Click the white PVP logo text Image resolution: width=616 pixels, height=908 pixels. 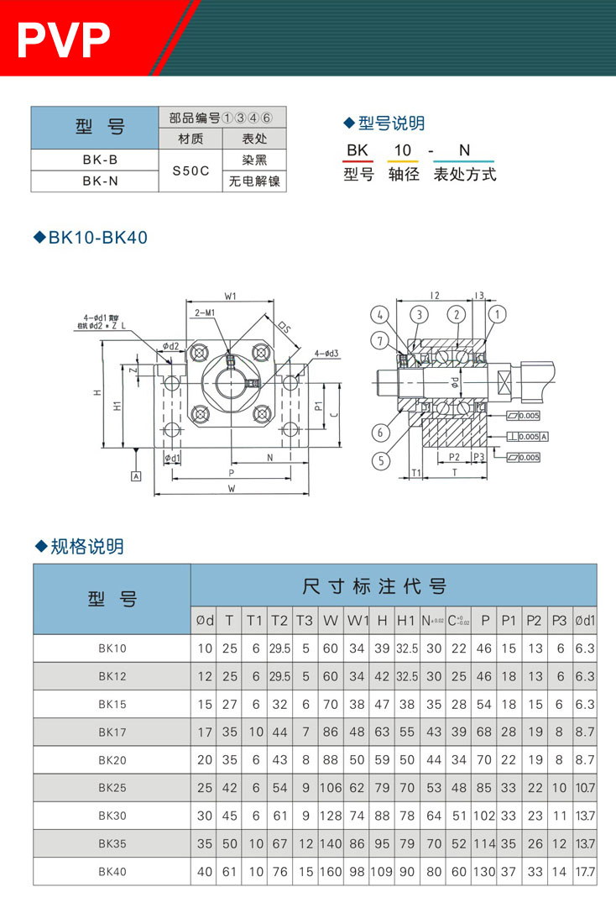pyautogui.click(x=64, y=39)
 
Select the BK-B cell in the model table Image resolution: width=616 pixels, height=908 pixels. pyautogui.click(x=94, y=160)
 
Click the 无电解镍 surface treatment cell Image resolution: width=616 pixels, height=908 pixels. pyautogui.click(x=254, y=181)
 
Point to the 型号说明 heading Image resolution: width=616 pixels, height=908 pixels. pyautogui.click(x=391, y=123)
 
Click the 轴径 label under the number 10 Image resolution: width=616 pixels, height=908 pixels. pyautogui.click(x=404, y=175)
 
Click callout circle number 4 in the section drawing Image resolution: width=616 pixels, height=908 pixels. pyautogui.click(x=380, y=314)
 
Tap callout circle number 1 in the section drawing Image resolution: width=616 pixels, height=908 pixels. pyautogui.click(x=499, y=314)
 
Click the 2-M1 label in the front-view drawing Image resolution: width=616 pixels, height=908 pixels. pyautogui.click(x=206, y=312)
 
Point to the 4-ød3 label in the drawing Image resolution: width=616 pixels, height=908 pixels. pyautogui.click(x=327, y=353)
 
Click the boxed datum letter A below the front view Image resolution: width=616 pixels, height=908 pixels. pyautogui.click(x=135, y=475)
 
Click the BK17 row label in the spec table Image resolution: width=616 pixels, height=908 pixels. pyautogui.click(x=112, y=732)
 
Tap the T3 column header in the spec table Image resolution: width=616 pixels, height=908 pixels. pyautogui.click(x=305, y=621)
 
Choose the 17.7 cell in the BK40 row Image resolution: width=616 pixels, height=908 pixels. pyautogui.click(x=585, y=872)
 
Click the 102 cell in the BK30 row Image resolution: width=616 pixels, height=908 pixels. pyautogui.click(x=484, y=816)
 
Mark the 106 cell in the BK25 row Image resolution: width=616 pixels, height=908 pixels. pyautogui.click(x=331, y=788)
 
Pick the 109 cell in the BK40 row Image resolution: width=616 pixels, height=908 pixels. pyautogui.click(x=382, y=872)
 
